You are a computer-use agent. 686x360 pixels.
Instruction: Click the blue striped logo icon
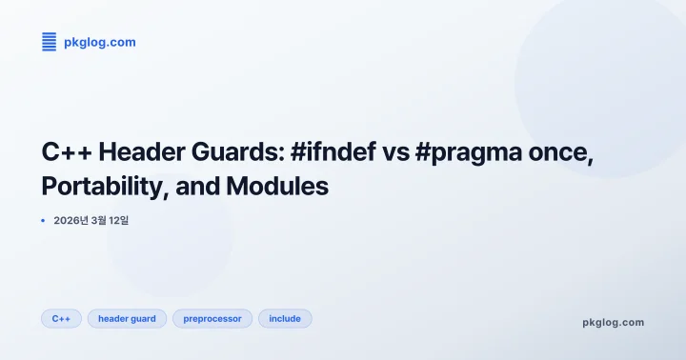[49, 41]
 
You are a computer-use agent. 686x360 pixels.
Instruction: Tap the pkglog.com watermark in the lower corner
[613, 322]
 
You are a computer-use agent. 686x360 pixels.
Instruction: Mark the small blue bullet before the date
[43, 220]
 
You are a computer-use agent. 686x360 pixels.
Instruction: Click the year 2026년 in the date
[70, 220]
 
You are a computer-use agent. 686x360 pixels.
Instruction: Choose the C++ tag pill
[61, 318]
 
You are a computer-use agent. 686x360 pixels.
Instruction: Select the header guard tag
[127, 318]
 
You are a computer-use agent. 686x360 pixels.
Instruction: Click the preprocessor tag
[212, 318]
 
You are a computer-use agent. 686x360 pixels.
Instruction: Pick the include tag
[285, 318]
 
